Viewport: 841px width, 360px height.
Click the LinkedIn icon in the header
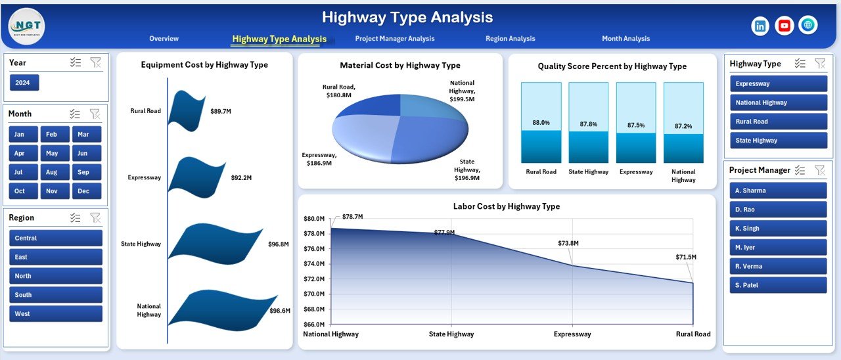(760, 26)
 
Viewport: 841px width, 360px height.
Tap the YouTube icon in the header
(784, 26)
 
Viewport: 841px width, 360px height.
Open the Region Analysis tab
(510, 39)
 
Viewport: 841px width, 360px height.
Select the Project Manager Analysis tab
(394, 39)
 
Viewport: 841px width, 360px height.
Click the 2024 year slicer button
(24, 83)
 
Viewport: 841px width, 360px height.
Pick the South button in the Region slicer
(56, 295)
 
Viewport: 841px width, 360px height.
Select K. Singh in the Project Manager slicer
(778, 229)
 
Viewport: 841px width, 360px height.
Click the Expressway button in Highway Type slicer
(778, 84)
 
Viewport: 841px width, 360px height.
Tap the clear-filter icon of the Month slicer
(95, 114)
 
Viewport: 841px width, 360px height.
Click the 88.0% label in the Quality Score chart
(541, 123)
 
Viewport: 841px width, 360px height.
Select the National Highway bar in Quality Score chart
(683, 122)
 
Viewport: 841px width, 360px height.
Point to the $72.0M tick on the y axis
(314, 294)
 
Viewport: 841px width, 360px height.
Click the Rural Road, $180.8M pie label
(339, 91)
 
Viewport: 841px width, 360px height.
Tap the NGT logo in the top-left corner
(26, 26)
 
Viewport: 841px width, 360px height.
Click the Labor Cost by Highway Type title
(507, 206)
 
